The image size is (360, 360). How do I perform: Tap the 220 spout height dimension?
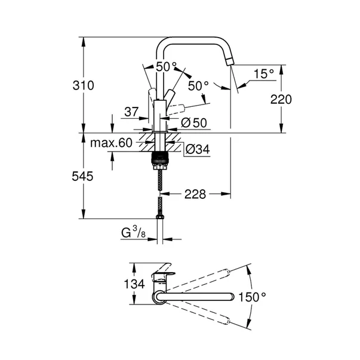[281, 100]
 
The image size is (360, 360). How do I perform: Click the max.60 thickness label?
[111, 143]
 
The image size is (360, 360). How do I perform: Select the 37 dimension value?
[133, 111]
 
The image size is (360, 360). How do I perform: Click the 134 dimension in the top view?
[134, 284]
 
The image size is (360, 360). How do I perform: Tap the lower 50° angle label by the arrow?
[198, 85]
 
